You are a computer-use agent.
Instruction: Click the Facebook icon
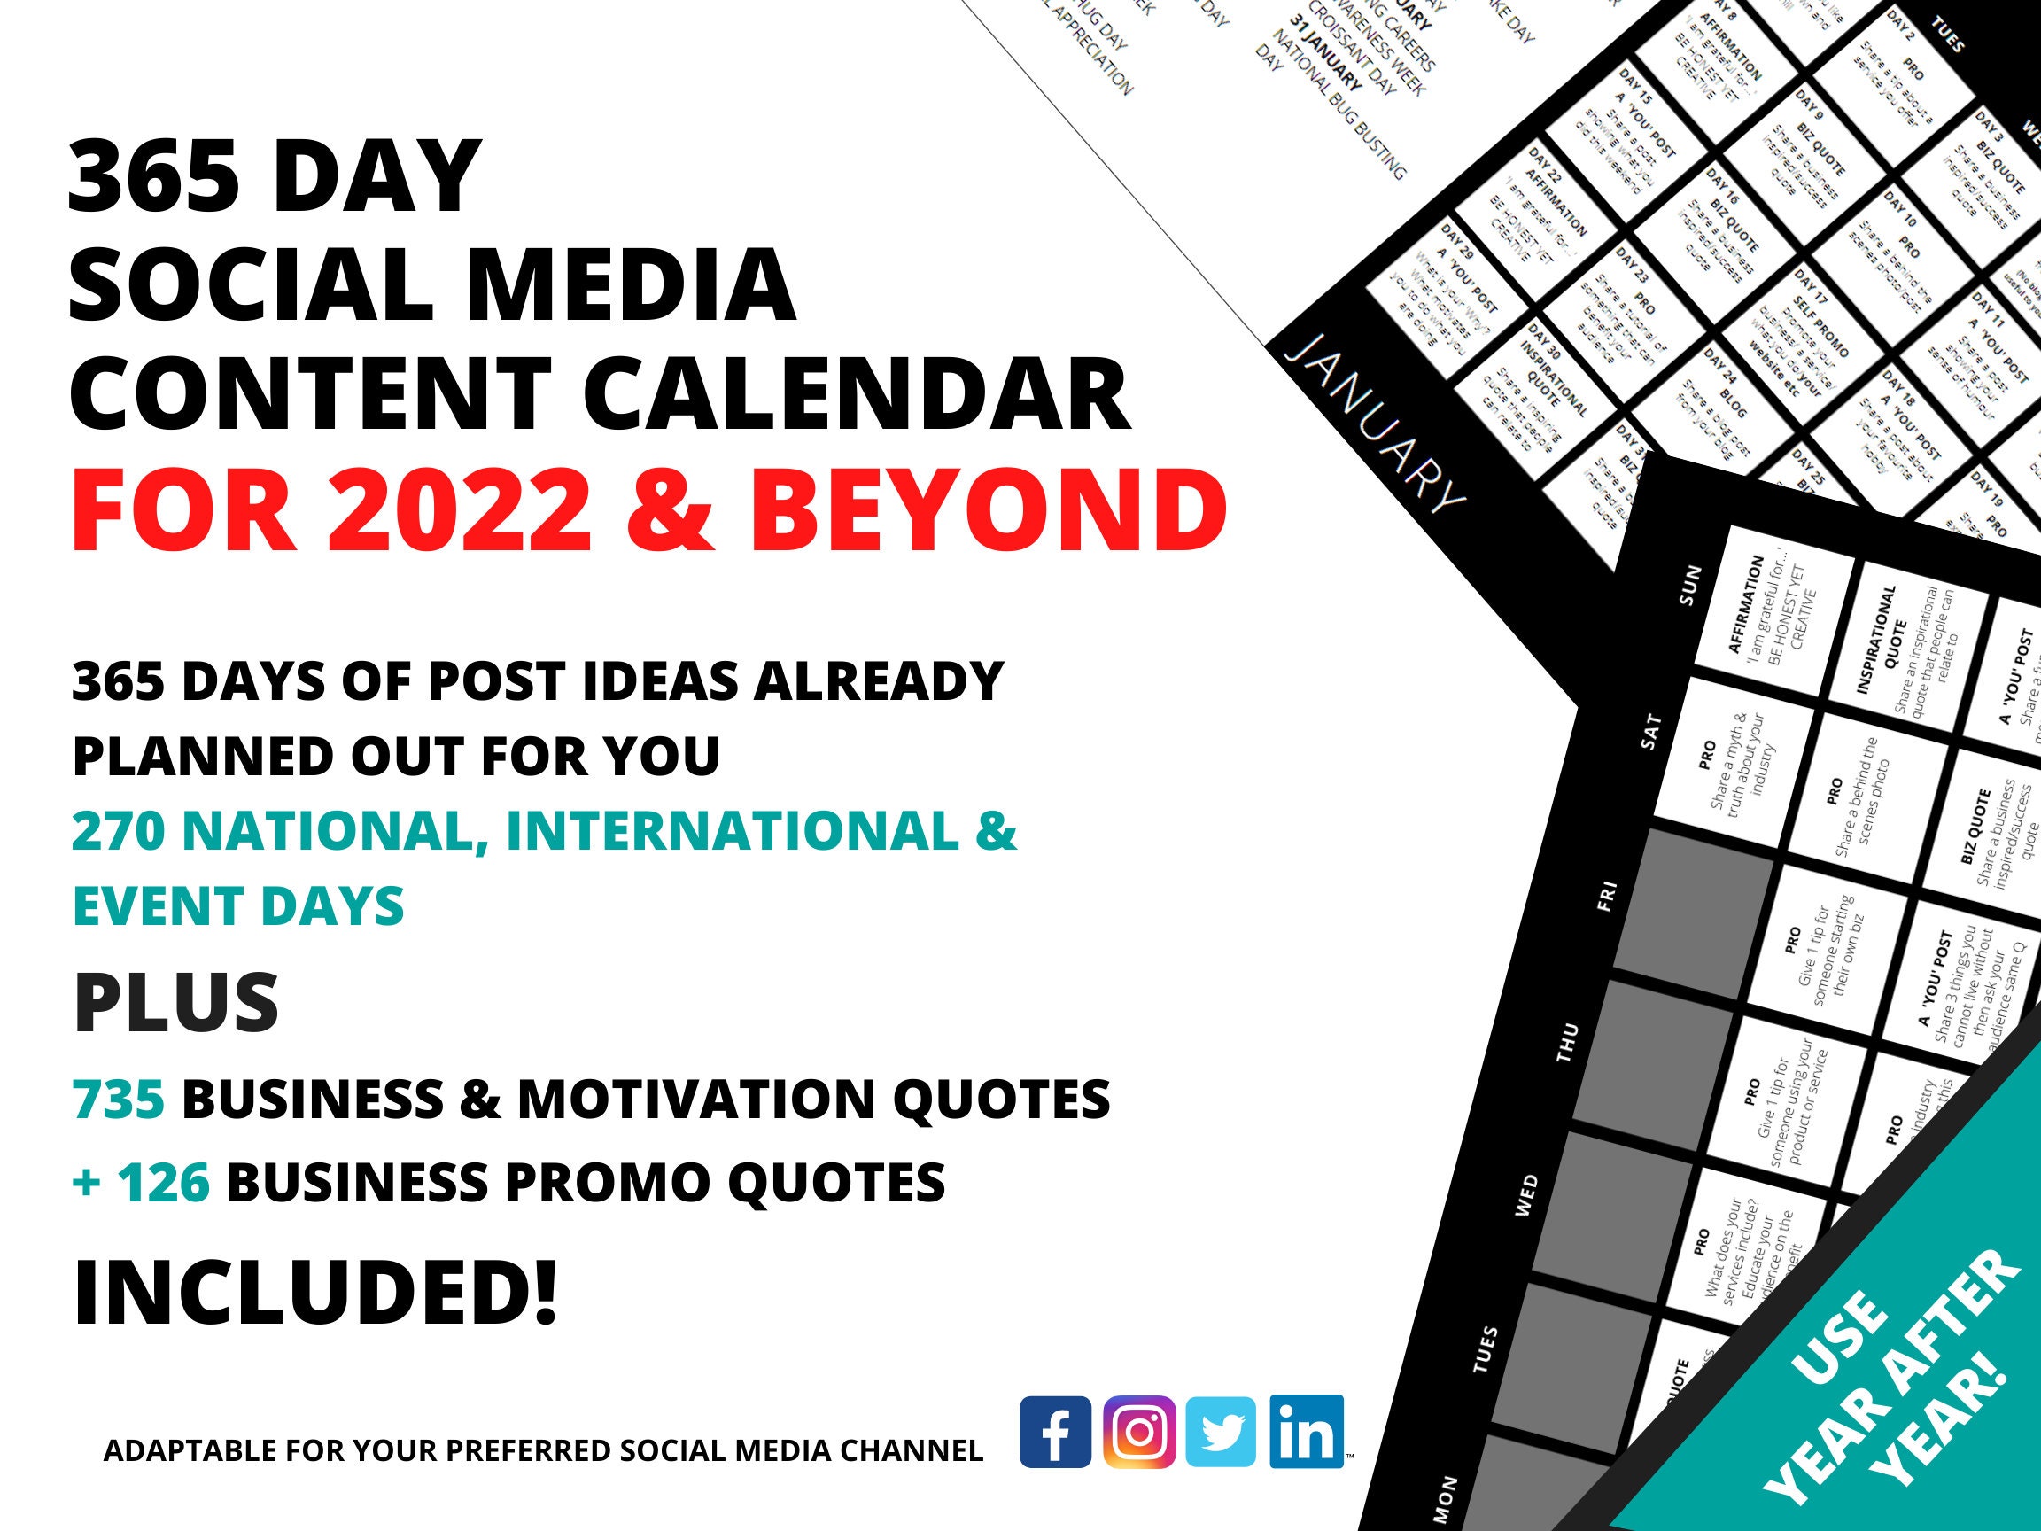pos(1056,1432)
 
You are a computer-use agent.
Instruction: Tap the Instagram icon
pos(1139,1432)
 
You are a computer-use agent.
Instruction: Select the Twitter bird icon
pos(1221,1432)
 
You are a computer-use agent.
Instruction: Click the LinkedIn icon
pos(1306,1432)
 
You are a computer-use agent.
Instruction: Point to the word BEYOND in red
pos(988,510)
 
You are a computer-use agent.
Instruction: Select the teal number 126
pos(163,1182)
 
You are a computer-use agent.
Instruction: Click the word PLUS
pos(175,1003)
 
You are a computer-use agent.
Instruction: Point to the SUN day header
pos(1688,585)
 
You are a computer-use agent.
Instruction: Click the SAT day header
pos(1649,730)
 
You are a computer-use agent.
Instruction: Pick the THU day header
pos(1567,1042)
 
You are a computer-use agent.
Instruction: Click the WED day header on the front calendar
pos(1527,1195)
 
